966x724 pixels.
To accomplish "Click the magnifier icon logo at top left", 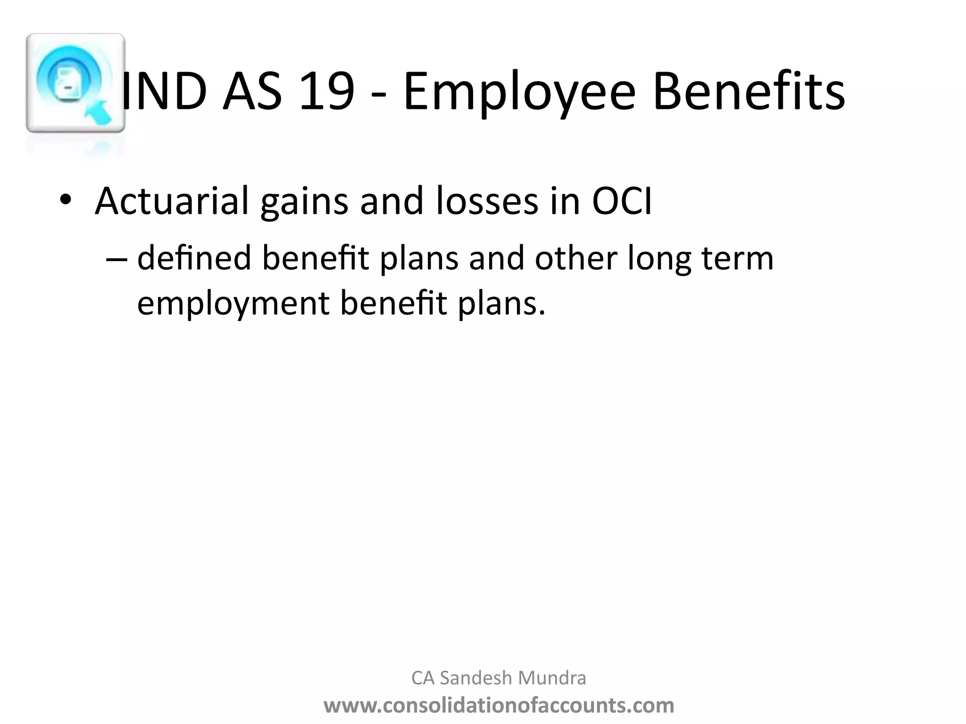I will (x=75, y=83).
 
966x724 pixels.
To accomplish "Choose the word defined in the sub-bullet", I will (x=194, y=258).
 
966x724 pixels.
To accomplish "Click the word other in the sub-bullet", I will (x=576, y=258).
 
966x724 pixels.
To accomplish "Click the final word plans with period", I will (x=502, y=304).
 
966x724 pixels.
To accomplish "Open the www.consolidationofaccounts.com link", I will (x=499, y=706).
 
